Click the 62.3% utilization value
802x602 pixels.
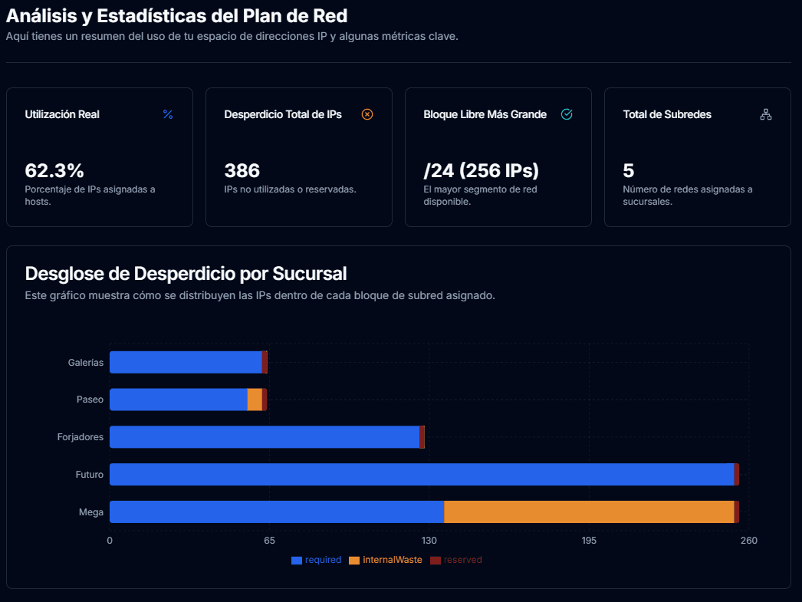click(54, 170)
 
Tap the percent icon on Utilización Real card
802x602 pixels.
click(168, 114)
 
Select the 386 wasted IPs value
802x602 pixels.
click(242, 170)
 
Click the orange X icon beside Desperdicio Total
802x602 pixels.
click(367, 114)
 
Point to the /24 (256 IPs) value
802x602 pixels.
click(481, 170)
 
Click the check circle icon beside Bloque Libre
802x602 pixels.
click(567, 114)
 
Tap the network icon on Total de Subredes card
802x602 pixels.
click(765, 114)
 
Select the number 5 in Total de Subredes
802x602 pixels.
click(629, 170)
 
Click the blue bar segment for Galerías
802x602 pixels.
click(186, 362)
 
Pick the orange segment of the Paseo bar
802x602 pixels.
click(255, 400)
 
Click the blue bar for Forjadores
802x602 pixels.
click(265, 437)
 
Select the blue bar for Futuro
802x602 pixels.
click(422, 475)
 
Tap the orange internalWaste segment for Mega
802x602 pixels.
click(589, 512)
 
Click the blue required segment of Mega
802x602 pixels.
click(277, 512)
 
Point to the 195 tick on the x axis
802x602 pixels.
click(589, 541)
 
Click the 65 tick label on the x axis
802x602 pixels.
click(269, 541)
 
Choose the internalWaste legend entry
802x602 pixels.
click(386, 560)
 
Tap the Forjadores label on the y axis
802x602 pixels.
click(80, 437)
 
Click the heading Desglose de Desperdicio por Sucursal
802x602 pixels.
click(186, 274)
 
